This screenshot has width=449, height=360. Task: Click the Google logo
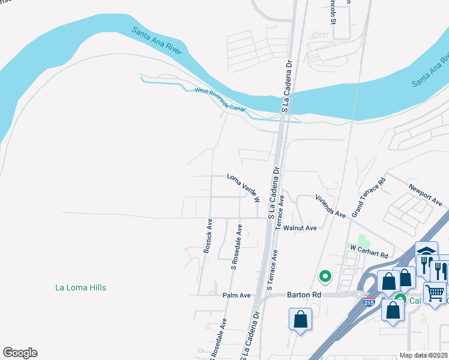tap(20, 353)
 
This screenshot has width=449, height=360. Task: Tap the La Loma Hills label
tap(80, 287)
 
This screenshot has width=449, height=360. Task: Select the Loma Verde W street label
tap(244, 187)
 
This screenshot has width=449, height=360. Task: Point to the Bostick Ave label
tap(208, 236)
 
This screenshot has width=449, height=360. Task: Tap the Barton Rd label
tap(289, 295)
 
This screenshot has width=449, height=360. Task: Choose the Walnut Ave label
tap(300, 228)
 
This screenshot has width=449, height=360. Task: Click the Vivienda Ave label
tap(331, 205)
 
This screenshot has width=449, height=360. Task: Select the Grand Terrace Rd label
tap(368, 197)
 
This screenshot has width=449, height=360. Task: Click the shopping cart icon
tap(435, 293)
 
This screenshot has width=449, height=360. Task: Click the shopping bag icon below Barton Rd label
tap(300, 319)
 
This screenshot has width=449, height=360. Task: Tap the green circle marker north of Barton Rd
tap(325, 277)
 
